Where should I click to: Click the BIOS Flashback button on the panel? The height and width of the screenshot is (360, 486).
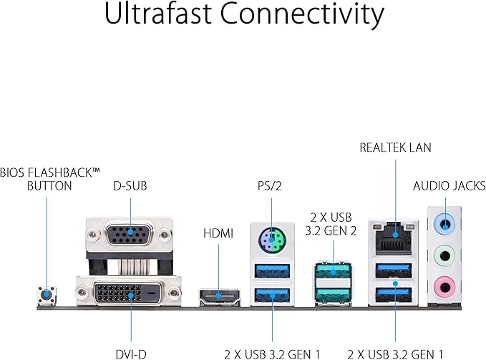click(x=47, y=293)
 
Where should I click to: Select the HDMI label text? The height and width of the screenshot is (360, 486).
click(x=219, y=233)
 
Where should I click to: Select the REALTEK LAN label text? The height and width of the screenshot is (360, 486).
click(x=395, y=148)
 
